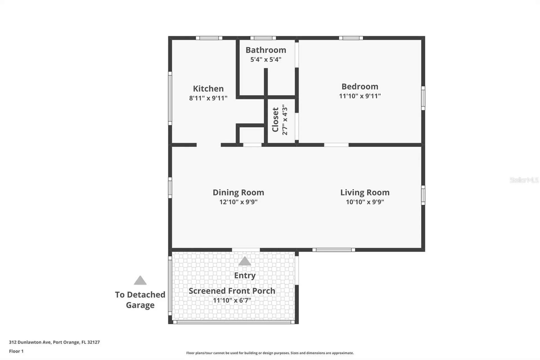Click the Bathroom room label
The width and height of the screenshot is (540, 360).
266,50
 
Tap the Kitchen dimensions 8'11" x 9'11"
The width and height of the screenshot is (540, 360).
208,98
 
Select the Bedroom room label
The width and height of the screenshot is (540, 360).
360,86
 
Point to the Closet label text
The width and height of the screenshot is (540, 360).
275,120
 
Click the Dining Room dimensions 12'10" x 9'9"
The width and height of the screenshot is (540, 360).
238,202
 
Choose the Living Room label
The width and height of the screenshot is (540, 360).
365,192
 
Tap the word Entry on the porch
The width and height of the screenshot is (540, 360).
245,275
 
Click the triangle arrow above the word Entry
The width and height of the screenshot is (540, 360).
244,261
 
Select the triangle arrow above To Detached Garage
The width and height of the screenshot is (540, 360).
140,280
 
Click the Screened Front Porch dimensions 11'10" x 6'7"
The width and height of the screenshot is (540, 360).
232,300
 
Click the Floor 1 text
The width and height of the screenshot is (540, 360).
16,351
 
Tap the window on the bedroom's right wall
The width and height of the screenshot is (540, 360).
423,98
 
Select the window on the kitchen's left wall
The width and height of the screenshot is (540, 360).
170,98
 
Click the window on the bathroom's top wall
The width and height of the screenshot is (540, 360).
263,38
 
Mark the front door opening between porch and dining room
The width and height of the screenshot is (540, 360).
246,250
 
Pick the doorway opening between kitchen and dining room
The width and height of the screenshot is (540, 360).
208,145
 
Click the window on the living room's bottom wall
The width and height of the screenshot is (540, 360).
334,250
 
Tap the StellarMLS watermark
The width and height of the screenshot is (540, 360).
524,180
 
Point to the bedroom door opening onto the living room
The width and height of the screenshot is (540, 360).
336,145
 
